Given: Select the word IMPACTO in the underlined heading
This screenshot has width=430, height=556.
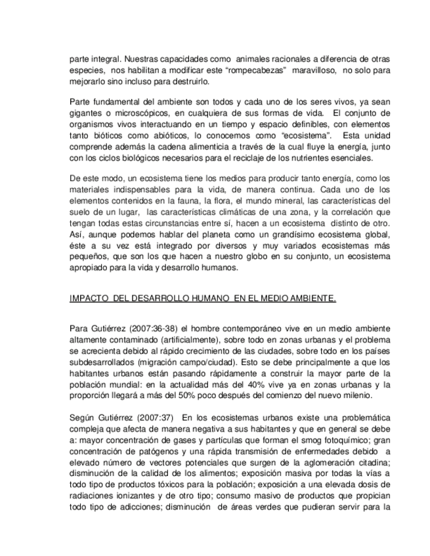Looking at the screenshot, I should click(x=89, y=299).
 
